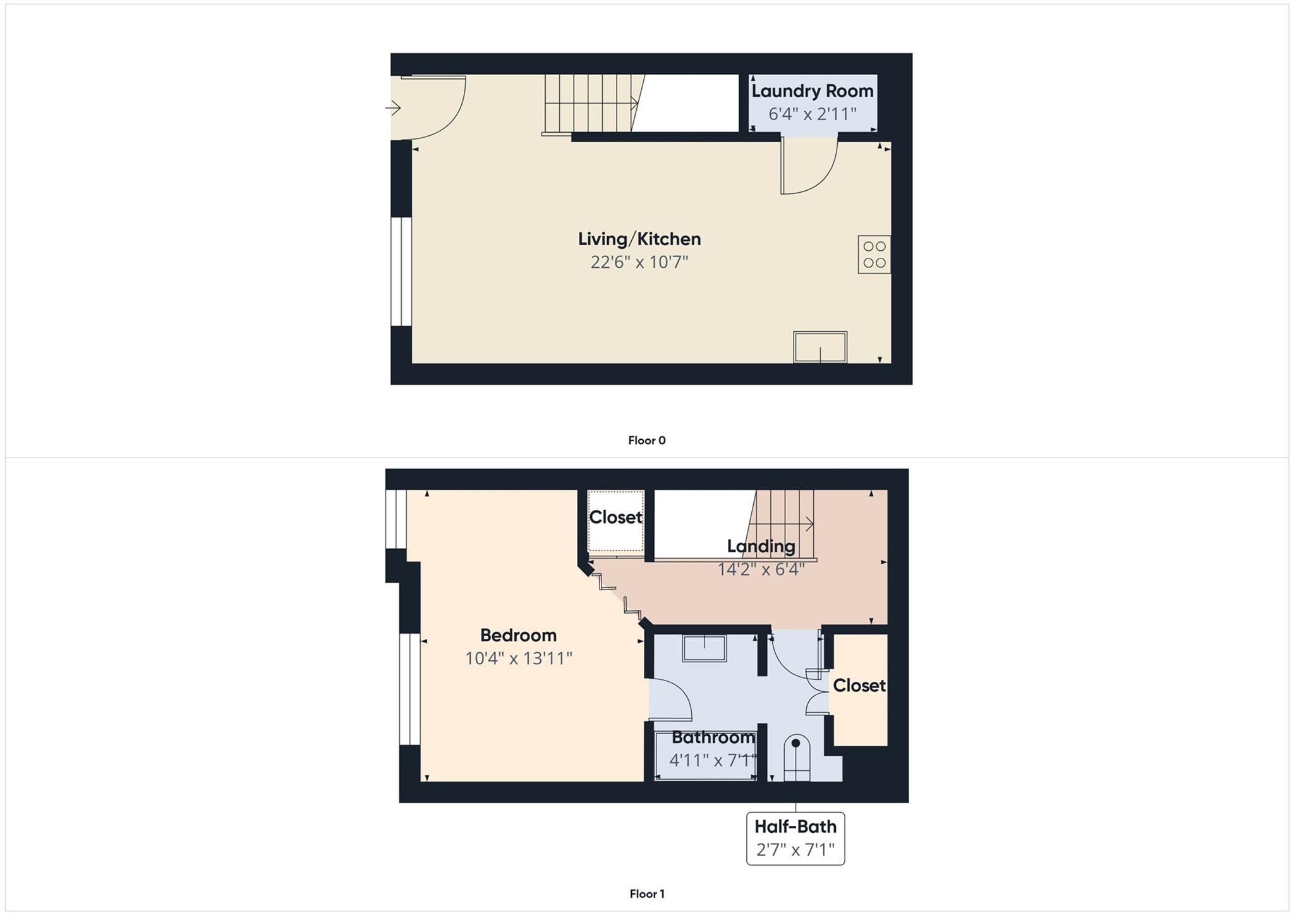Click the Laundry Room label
coord(812,91)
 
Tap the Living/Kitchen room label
coord(639,239)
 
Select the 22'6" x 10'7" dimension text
coord(639,262)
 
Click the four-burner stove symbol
coord(874,255)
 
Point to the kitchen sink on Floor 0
coord(820,348)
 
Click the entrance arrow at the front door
coord(394,109)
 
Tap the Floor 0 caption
coord(646,440)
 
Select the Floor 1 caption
coord(646,894)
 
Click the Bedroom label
coord(518,635)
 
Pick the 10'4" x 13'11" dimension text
coord(518,658)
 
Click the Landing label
coord(761,546)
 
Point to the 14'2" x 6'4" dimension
coord(761,569)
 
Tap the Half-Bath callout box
coord(795,838)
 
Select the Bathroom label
coord(713,737)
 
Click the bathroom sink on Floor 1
coord(704,648)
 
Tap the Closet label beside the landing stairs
coord(615,518)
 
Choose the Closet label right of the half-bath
coord(859,686)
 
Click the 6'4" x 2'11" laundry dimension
coord(812,114)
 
